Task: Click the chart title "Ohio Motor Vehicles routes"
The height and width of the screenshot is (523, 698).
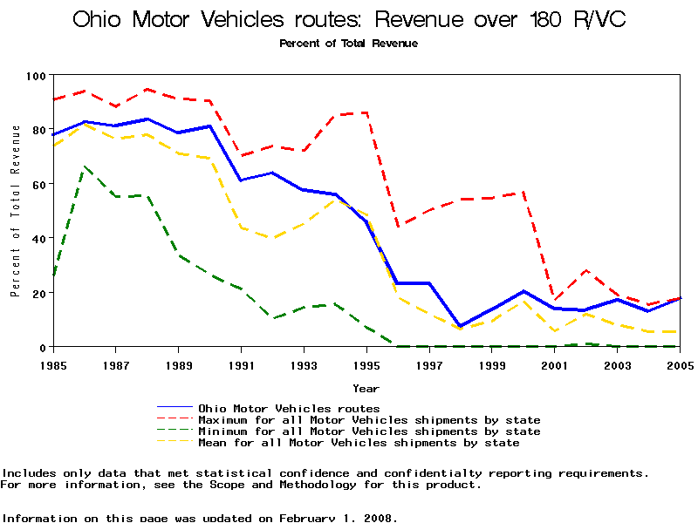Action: point(349,19)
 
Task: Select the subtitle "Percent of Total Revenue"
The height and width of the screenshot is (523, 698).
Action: point(349,43)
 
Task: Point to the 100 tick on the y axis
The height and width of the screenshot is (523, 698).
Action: point(36,76)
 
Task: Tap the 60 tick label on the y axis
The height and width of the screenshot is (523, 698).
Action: point(36,184)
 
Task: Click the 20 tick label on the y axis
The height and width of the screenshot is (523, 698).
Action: point(36,293)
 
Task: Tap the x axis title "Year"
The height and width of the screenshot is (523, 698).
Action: point(366,388)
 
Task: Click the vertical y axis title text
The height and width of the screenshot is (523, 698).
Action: point(16,211)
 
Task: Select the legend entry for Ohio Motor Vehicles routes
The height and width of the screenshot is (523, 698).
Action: point(289,408)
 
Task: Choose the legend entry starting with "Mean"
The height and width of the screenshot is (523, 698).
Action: point(359,443)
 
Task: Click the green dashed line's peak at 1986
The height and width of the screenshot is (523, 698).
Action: point(84,166)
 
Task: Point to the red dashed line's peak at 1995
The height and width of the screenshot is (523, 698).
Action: point(366,112)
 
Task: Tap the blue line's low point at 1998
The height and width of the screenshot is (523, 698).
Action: point(460,326)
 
